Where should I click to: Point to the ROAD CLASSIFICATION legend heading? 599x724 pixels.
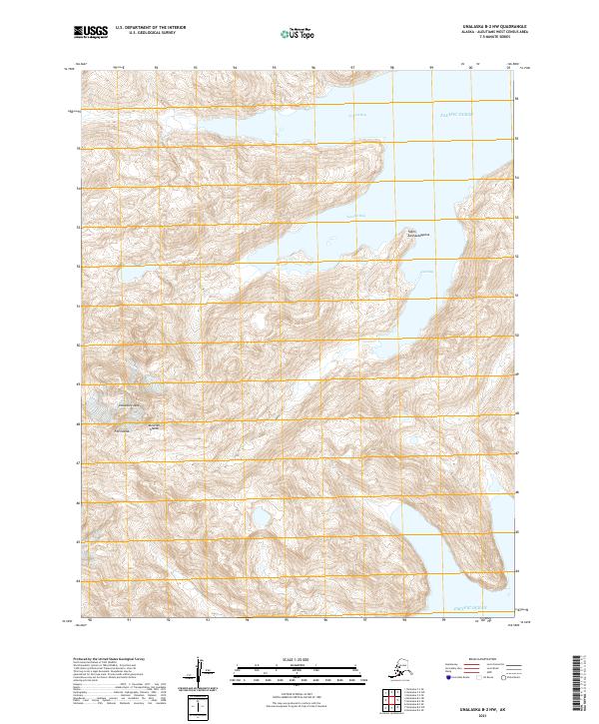pos(481,660)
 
